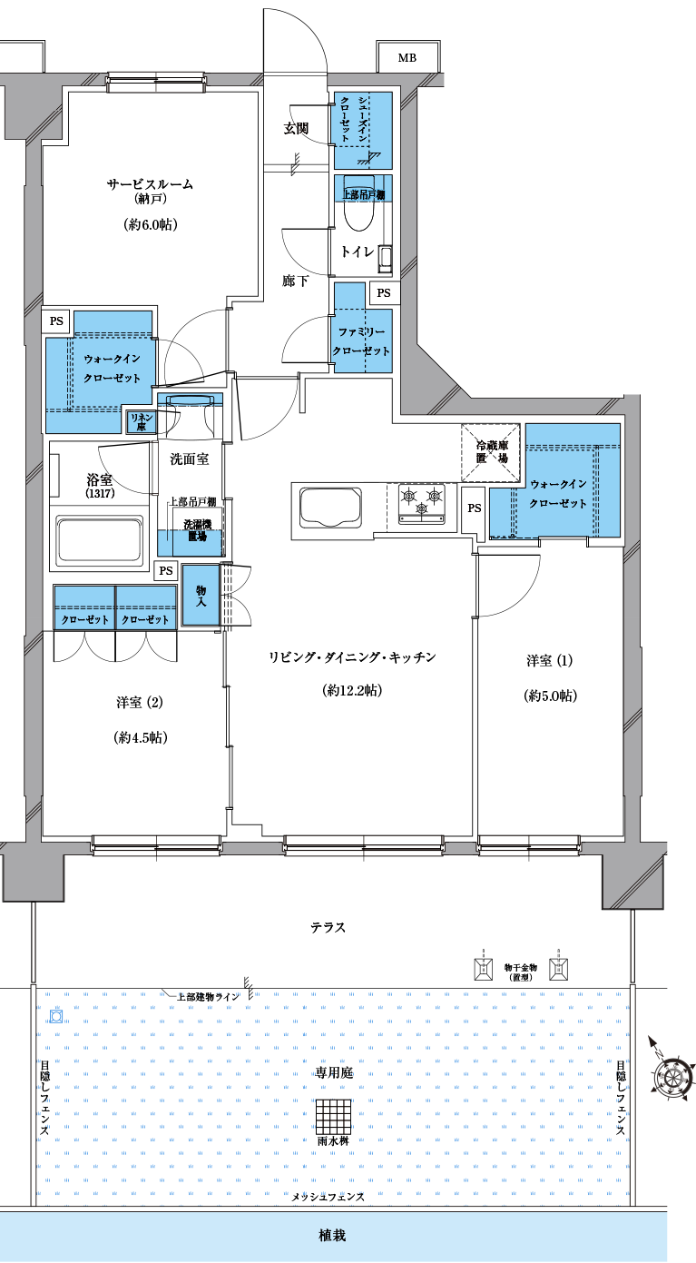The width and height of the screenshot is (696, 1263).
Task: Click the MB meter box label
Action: tap(407, 58)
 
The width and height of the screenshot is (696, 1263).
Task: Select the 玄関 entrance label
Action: tap(296, 129)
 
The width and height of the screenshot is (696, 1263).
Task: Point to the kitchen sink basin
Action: tap(331, 508)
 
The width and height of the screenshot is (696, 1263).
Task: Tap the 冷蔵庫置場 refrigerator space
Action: tap(491, 452)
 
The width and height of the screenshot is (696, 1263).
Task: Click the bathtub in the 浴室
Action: tap(99, 540)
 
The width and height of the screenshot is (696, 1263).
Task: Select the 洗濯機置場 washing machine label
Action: tap(197, 531)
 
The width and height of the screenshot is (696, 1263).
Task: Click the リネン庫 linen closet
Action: tap(142, 421)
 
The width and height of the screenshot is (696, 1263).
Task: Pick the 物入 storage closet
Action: tap(201, 595)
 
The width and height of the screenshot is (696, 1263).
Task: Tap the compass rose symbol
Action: tap(671, 1076)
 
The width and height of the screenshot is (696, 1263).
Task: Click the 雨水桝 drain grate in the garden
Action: tap(333, 1117)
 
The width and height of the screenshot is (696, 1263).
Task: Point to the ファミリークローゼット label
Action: tap(361, 341)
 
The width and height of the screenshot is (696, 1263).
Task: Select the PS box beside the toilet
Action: tap(384, 293)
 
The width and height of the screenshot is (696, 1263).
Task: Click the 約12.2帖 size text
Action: tap(353, 690)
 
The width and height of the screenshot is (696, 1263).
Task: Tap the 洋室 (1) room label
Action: tap(550, 660)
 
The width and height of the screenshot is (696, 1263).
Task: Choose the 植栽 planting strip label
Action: tap(332, 1236)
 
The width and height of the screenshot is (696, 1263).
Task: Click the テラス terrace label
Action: tap(328, 927)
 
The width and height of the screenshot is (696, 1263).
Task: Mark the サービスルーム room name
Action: tap(150, 183)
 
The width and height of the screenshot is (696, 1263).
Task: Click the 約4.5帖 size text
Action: tap(141, 737)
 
